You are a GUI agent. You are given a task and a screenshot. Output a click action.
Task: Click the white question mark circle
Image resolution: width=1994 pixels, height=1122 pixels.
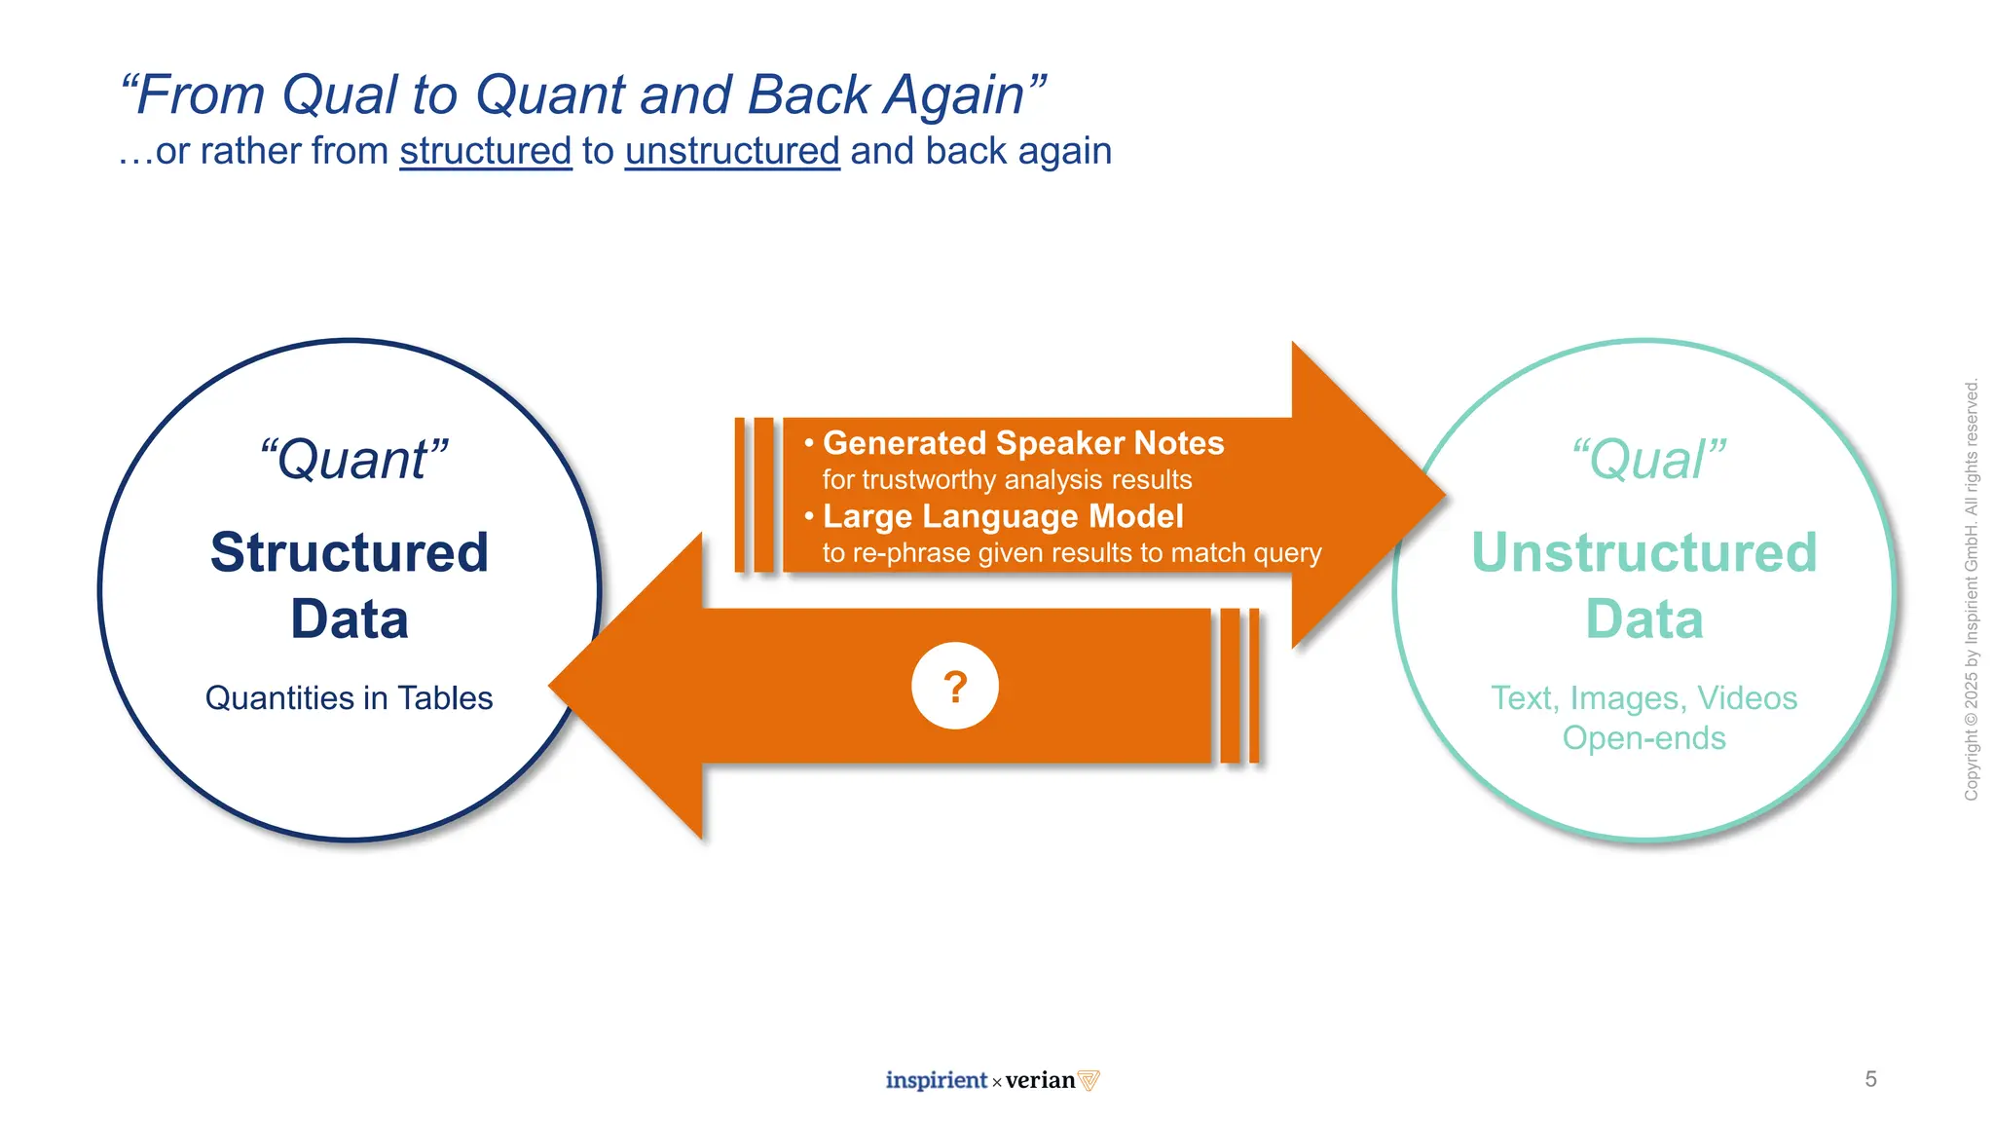click(x=954, y=686)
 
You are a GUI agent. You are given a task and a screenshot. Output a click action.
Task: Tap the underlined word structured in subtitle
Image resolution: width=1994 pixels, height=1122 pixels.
click(x=485, y=151)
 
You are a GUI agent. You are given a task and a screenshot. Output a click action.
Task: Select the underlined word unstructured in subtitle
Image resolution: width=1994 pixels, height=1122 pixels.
click(x=732, y=151)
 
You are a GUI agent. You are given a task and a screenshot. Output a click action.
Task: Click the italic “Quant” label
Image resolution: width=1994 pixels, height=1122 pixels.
click(x=352, y=460)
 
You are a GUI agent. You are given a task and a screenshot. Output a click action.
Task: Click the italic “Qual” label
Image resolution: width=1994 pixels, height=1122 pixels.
click(x=1647, y=460)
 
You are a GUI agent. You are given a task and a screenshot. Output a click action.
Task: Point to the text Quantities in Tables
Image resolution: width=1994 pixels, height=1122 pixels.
click(x=349, y=698)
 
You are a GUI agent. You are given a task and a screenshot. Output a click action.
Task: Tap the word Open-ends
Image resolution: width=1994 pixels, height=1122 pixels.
click(x=1643, y=738)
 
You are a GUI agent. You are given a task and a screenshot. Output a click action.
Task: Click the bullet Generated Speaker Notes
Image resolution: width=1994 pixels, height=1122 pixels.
click(x=1022, y=443)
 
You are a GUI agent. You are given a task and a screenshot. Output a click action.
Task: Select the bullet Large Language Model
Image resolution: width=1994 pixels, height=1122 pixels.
click(x=1003, y=516)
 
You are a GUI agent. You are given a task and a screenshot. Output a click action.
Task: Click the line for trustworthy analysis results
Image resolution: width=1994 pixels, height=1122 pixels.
click(x=1007, y=480)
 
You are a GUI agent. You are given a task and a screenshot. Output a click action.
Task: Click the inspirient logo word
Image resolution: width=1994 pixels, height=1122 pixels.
click(x=936, y=1080)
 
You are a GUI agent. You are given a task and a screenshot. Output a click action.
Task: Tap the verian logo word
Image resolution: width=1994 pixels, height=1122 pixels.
click(x=1040, y=1080)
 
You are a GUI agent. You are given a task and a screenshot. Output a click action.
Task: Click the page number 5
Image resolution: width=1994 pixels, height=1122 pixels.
click(x=1870, y=1079)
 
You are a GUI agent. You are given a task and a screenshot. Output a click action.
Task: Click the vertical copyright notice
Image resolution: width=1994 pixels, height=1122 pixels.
click(x=1972, y=589)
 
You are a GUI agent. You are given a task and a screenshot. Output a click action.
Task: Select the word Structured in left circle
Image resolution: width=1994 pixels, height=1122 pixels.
click(x=349, y=552)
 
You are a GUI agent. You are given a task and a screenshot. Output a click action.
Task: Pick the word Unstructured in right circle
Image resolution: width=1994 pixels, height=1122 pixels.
click(x=1643, y=552)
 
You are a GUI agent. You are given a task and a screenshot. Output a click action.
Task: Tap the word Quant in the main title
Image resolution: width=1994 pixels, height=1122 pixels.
click(x=550, y=95)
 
